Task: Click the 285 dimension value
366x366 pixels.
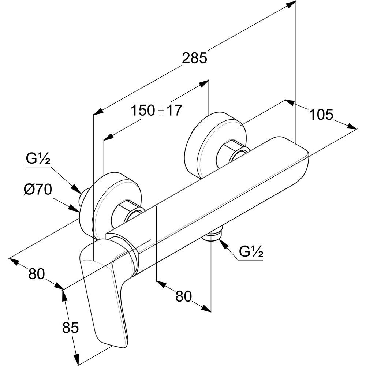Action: (x=194, y=58)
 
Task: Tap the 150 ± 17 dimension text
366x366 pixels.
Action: (x=156, y=110)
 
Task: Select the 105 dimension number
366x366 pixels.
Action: (x=321, y=115)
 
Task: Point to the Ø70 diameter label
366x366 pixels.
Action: (x=38, y=190)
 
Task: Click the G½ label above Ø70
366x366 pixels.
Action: (x=38, y=160)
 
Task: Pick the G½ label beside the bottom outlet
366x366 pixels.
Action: (x=251, y=252)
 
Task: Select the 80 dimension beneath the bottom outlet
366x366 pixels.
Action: (x=184, y=296)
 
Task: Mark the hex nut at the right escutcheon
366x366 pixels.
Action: (x=232, y=151)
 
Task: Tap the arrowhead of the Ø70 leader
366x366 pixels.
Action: (x=76, y=209)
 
